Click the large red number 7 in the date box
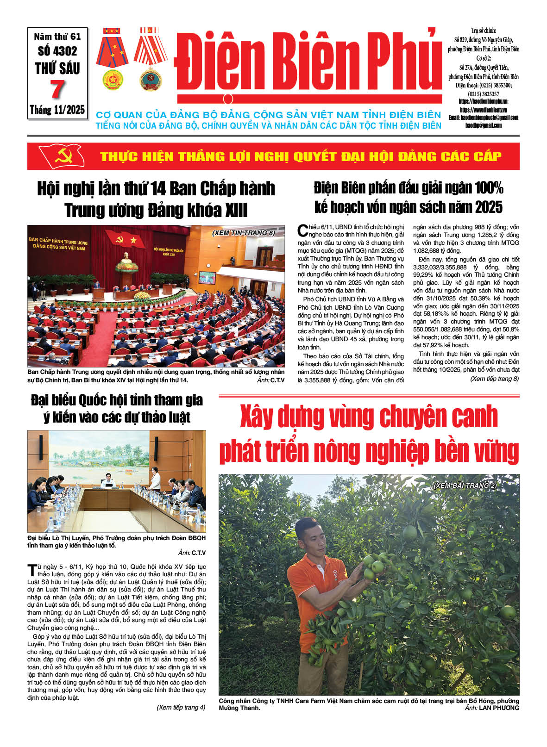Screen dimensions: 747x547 click(57, 90)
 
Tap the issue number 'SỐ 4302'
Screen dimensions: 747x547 click(57, 51)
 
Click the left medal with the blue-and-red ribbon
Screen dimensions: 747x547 click(112, 58)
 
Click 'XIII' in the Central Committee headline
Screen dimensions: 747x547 click(236, 211)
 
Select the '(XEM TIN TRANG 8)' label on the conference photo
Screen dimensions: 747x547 click(244, 233)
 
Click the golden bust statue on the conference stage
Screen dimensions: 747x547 click(126, 257)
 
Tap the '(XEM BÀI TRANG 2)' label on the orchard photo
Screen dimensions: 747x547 click(465, 485)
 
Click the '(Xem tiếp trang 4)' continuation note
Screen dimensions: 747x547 click(181, 707)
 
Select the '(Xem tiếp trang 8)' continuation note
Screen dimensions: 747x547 click(494, 379)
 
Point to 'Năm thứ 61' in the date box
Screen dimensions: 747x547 click(57, 36)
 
